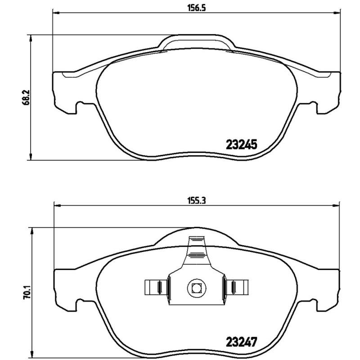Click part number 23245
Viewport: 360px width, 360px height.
pyautogui.click(x=241, y=145)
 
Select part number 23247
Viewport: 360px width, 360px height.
pyautogui.click(x=241, y=341)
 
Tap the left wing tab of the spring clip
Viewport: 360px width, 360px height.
pyautogui.click(x=154, y=286)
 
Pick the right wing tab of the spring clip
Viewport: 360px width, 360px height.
pyautogui.click(x=237, y=286)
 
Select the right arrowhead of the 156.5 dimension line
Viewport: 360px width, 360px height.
pyautogui.click(x=338, y=13)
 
